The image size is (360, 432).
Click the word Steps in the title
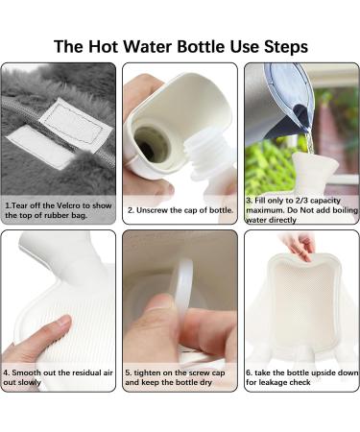(286, 47)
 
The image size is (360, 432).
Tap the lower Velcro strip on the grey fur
(40, 146)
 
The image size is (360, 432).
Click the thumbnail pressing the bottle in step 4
(64, 320)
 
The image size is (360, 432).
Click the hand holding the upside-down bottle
(300, 247)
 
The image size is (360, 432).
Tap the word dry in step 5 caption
(206, 383)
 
